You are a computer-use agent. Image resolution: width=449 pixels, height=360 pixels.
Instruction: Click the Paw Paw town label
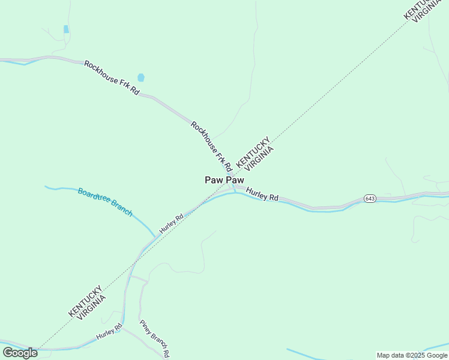(224, 180)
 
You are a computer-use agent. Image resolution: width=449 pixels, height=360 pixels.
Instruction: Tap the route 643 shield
(370, 199)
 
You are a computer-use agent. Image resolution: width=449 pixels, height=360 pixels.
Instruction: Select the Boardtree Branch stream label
(104, 202)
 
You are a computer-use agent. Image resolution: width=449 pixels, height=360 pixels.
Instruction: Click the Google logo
(20, 353)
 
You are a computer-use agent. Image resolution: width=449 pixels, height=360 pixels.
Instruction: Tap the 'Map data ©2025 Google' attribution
(412, 355)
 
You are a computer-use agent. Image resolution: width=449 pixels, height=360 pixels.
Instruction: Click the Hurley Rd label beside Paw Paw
(263, 194)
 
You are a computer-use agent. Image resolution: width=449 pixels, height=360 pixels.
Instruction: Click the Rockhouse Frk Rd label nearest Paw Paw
(211, 146)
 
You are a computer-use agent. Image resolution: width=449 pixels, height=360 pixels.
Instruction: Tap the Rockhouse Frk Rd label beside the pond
(112, 77)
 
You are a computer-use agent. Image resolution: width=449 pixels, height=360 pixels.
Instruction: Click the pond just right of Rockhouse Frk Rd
(141, 77)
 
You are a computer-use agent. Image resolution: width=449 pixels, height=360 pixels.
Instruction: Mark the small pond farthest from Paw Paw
(66, 29)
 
